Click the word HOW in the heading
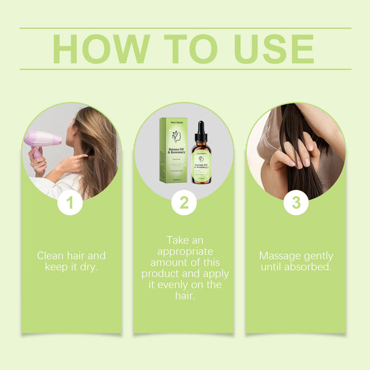(x=101, y=49)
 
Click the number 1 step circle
(x=70, y=203)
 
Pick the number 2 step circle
(x=184, y=203)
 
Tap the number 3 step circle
(x=296, y=203)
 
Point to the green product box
(x=173, y=150)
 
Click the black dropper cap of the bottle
(x=200, y=131)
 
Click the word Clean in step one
(x=50, y=255)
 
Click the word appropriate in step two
(x=184, y=251)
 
